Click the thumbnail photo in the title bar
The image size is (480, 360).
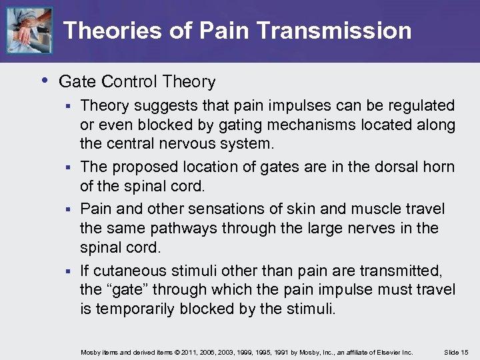[x=29, y=31]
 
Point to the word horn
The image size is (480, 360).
[x=441, y=167]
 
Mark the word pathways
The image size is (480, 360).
[x=183, y=228]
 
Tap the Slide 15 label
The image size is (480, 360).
[x=457, y=351]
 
